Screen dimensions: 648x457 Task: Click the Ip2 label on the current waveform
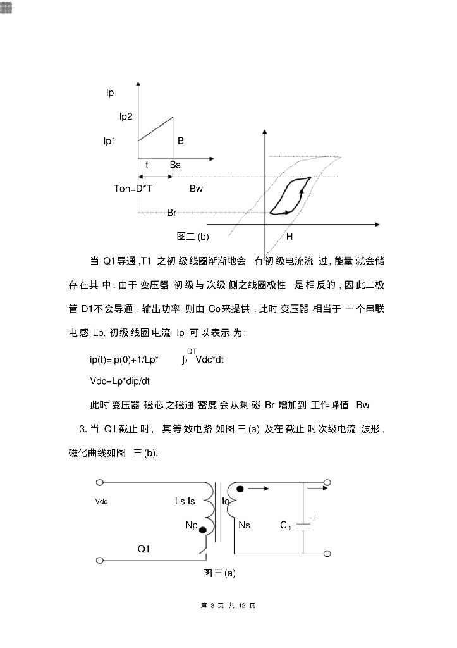pos(126,116)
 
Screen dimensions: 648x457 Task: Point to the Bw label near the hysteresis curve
pos(196,189)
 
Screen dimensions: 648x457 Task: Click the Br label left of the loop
pos(171,213)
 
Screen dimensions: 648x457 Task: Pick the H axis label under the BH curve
pos(289,237)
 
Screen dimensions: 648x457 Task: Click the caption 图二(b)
pos(193,237)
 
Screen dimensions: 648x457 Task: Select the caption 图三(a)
pos(219,573)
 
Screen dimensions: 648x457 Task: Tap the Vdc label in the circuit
pos(101,501)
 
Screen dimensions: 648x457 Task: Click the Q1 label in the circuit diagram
pos(143,549)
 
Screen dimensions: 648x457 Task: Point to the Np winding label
pos(192,525)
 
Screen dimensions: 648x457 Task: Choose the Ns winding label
pos(245,525)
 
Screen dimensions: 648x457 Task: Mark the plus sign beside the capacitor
pos(313,517)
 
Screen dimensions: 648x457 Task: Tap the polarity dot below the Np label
pos(203,531)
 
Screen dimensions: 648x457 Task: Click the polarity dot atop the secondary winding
pos(240,488)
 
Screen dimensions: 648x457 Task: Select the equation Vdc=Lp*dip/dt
pos(120,382)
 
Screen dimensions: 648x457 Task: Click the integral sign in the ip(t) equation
pos(184,360)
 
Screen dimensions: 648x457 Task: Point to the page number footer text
pos(228,606)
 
